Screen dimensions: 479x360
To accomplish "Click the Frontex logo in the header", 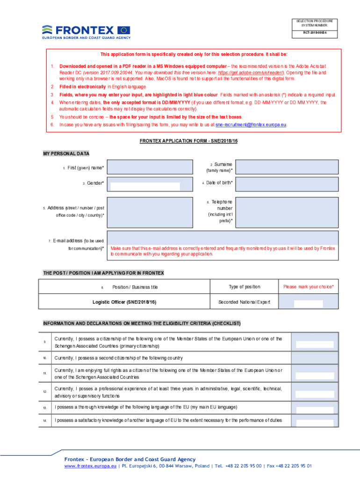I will click(86, 31).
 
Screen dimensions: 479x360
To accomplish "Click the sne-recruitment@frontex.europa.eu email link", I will click(251, 125).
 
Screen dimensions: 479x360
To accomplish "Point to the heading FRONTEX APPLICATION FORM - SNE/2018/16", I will click(189, 141).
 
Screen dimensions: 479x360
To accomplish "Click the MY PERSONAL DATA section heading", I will click(66, 153).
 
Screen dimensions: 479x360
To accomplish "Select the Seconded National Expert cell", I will click(244, 302).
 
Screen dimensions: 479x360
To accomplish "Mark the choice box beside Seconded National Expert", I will click(308, 303).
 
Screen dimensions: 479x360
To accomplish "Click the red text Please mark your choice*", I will click(308, 287).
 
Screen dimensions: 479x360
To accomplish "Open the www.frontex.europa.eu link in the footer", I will click(90, 466).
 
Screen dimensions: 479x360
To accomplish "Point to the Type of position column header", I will click(244, 287).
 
